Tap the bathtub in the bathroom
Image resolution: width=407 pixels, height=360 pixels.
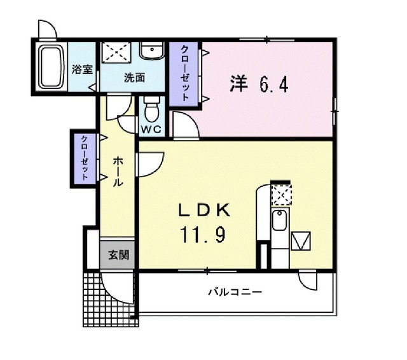tap(49, 67)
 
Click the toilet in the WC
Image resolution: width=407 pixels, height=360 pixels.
tap(151, 109)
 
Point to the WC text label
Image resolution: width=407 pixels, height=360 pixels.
tap(151, 128)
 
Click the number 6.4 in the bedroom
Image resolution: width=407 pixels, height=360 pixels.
tap(273, 84)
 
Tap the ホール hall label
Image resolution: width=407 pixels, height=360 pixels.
tap(118, 172)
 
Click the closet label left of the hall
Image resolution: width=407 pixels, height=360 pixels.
tap(84, 158)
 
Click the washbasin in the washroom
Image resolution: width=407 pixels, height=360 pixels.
tap(151, 52)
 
